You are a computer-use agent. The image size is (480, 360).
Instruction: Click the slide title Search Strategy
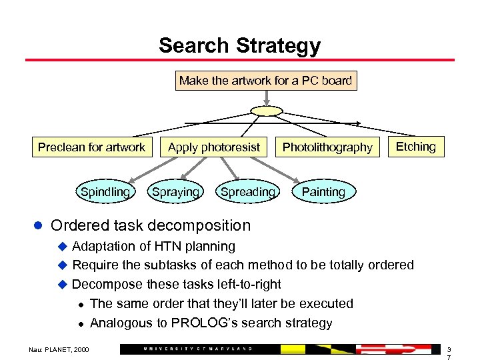pyautogui.click(x=239, y=46)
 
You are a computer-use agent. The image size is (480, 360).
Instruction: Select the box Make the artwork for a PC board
pyautogui.click(x=265, y=81)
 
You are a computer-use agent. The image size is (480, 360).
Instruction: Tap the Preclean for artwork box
pyautogui.click(x=91, y=147)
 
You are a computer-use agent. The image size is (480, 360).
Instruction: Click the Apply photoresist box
pyautogui.click(x=214, y=147)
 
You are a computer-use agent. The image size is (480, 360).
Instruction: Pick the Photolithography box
pyautogui.click(x=327, y=147)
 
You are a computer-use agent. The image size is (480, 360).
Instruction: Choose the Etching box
pyautogui.click(x=415, y=147)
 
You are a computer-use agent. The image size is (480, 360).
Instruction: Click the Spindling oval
pyautogui.click(x=105, y=192)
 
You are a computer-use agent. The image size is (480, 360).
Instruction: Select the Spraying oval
pyautogui.click(x=175, y=192)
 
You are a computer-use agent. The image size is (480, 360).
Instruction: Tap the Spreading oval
pyautogui.click(x=247, y=192)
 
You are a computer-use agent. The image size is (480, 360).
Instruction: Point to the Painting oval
pyautogui.click(x=323, y=192)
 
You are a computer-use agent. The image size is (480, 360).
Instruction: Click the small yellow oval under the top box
pyautogui.click(x=266, y=111)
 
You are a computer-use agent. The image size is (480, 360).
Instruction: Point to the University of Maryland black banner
pyautogui.click(x=200, y=349)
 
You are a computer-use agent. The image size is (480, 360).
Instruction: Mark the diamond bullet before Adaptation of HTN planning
pyautogui.click(x=62, y=247)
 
